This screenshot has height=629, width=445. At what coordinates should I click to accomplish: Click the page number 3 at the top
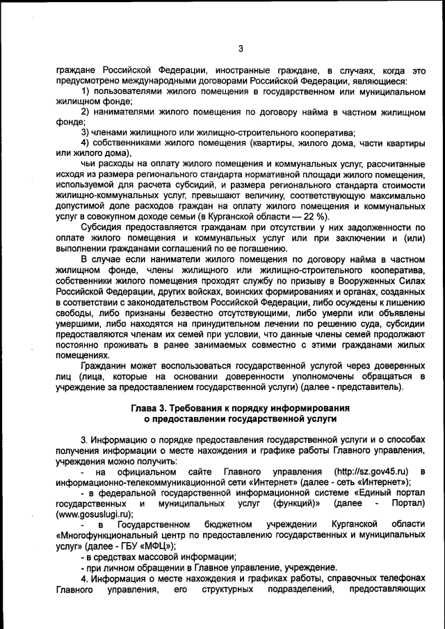pyautogui.click(x=241, y=48)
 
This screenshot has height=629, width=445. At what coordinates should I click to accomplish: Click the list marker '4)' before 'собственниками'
pyautogui.click(x=87, y=142)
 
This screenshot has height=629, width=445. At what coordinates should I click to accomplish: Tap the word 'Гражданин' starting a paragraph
pyautogui.click(x=105, y=366)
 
